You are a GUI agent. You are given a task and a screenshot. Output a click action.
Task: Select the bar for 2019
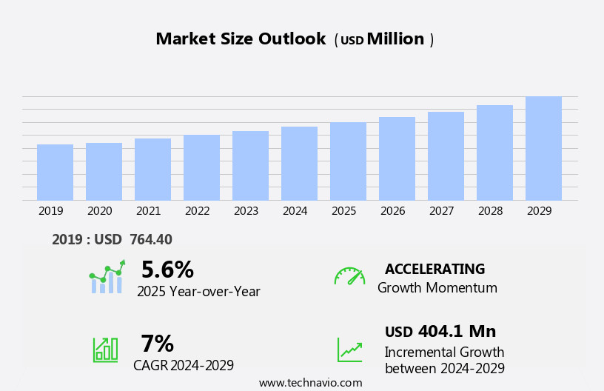[55, 173]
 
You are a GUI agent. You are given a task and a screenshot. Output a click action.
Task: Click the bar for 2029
[543, 148]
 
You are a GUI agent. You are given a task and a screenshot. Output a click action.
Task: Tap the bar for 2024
[299, 164]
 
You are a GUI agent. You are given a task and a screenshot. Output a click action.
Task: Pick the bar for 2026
[397, 158]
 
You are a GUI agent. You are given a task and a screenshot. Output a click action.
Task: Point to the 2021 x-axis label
[148, 211]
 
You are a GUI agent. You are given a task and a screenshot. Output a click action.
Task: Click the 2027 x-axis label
[441, 211]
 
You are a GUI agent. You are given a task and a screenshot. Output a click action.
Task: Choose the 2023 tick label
[246, 211]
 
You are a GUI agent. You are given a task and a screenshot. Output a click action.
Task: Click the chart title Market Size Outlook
[241, 39]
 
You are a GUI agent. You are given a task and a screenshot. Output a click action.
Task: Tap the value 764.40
[150, 239]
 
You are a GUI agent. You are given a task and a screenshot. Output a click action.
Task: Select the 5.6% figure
[167, 270]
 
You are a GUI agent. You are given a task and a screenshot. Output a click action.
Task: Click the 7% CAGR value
[157, 344]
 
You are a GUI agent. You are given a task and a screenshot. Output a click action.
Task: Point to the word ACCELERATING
[434, 269]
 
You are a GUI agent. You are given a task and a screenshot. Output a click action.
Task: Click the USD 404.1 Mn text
[440, 331]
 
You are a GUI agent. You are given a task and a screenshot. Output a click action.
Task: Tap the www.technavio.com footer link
[310, 383]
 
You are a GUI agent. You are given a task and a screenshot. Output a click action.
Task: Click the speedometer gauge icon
[349, 276]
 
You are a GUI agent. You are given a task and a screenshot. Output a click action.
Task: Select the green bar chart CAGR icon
[105, 349]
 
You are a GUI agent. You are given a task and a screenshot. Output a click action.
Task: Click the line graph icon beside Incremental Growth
[349, 350]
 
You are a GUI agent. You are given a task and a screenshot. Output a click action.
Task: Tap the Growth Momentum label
[437, 288]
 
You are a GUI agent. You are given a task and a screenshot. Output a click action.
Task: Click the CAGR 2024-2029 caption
[184, 365]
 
